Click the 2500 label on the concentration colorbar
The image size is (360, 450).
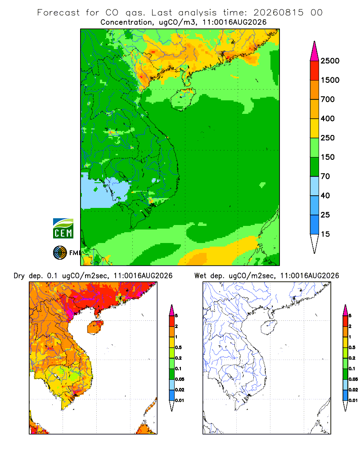tap(330, 61)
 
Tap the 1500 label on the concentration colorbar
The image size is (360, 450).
tap(330, 80)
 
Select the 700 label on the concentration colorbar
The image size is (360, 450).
tap(328, 99)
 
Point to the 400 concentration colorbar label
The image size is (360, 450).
tap(328, 118)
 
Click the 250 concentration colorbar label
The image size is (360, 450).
tap(328, 138)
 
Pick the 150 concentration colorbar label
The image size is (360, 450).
tap(328, 157)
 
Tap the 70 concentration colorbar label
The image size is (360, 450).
tap(325, 176)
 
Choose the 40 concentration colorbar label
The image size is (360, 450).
tap(325, 195)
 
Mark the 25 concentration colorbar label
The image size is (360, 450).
tap(325, 215)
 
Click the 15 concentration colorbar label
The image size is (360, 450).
tap(325, 234)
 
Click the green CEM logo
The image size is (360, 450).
tap(63, 229)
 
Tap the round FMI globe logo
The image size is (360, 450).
tap(60, 253)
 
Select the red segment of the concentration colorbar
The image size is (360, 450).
tap(315, 71)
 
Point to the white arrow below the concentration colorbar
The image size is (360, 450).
tap(315, 244)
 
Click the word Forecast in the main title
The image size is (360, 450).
tap(58, 13)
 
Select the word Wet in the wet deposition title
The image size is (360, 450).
tap(200, 276)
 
